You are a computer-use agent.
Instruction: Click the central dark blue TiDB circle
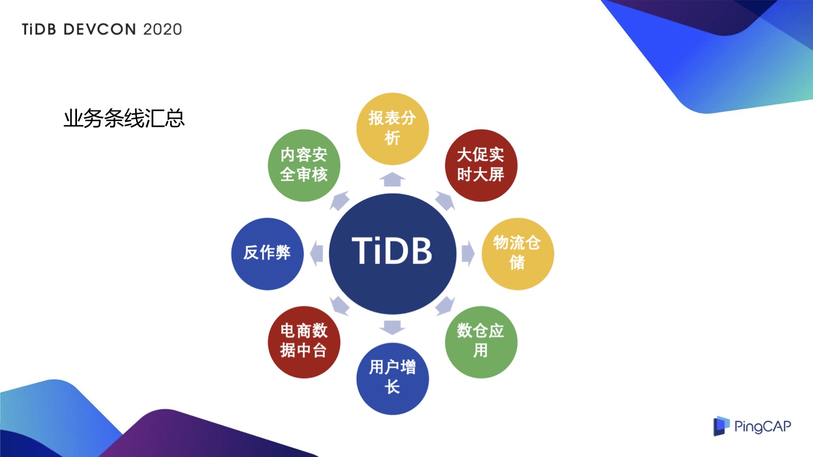(x=392, y=253)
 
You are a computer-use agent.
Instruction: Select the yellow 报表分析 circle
(x=392, y=129)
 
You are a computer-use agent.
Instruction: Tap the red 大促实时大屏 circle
(x=481, y=165)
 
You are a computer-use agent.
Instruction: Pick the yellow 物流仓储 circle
(x=518, y=254)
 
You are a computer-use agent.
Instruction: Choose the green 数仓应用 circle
(x=481, y=342)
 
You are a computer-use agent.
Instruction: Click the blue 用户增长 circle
(x=392, y=378)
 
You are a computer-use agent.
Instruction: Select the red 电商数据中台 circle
(x=304, y=342)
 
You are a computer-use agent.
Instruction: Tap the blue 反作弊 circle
(x=267, y=254)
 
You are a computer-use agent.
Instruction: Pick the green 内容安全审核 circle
(x=304, y=165)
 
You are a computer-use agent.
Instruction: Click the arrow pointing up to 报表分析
(x=392, y=179)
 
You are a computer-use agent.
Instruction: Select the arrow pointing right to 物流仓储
(x=468, y=253)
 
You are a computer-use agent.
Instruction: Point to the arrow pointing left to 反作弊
(x=317, y=253)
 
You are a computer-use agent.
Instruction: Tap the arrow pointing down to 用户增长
(x=392, y=328)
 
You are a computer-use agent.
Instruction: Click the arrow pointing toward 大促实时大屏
(x=446, y=201)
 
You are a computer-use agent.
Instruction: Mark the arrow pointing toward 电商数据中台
(x=339, y=306)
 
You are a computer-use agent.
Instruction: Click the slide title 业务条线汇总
(x=124, y=118)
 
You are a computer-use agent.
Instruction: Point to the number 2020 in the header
(x=163, y=29)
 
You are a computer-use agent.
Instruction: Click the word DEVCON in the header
(x=100, y=29)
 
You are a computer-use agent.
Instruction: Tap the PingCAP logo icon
(x=721, y=426)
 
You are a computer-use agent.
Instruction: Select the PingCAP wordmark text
(x=763, y=427)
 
